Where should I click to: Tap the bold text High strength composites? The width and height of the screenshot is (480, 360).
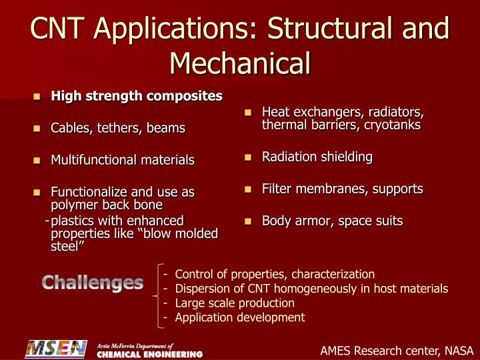[137, 96]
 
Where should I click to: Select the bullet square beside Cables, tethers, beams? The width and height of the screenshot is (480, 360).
[38, 128]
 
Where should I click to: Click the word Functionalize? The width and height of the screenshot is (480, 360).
[89, 192]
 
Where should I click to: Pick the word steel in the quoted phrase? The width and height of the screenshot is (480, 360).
[67, 247]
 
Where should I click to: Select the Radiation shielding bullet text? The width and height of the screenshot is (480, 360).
[317, 157]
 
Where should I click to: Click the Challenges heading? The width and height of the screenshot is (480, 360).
[93, 283]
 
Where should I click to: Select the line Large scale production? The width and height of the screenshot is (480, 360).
[235, 303]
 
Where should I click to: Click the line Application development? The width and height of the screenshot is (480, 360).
[240, 317]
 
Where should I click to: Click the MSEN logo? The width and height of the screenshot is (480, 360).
[56, 349]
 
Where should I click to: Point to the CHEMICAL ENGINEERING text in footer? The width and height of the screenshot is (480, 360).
[150, 353]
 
